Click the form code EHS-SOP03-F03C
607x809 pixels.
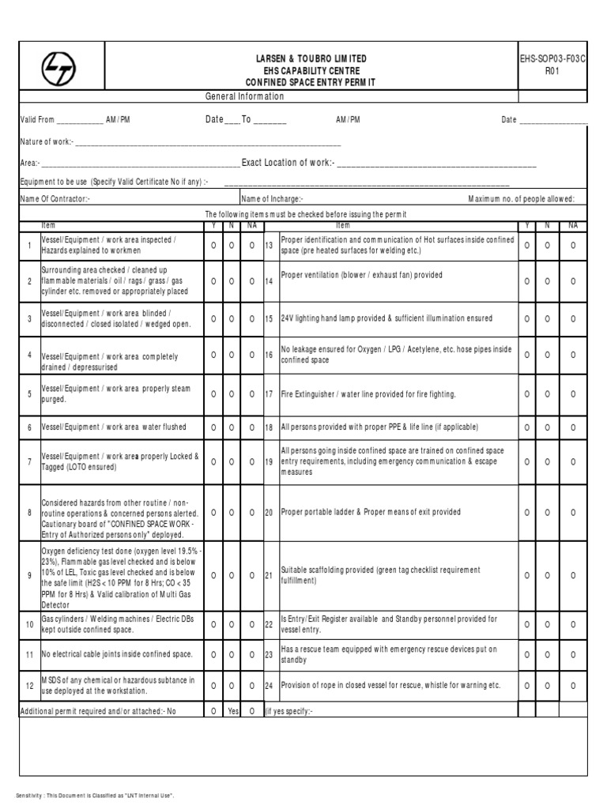point(552,59)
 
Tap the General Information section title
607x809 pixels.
point(243,96)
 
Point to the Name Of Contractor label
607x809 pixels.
point(55,199)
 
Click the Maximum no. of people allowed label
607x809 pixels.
point(522,199)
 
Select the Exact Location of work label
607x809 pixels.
point(288,163)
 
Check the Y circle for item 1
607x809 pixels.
point(213,246)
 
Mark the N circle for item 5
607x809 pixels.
point(232,393)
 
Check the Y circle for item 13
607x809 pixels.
point(528,246)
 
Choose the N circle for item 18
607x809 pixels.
point(548,427)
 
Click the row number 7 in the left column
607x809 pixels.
point(29,461)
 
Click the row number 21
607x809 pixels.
point(269,575)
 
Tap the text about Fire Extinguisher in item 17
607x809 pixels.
point(368,393)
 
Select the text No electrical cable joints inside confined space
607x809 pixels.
point(117,655)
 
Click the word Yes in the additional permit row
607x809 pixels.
point(232,711)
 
